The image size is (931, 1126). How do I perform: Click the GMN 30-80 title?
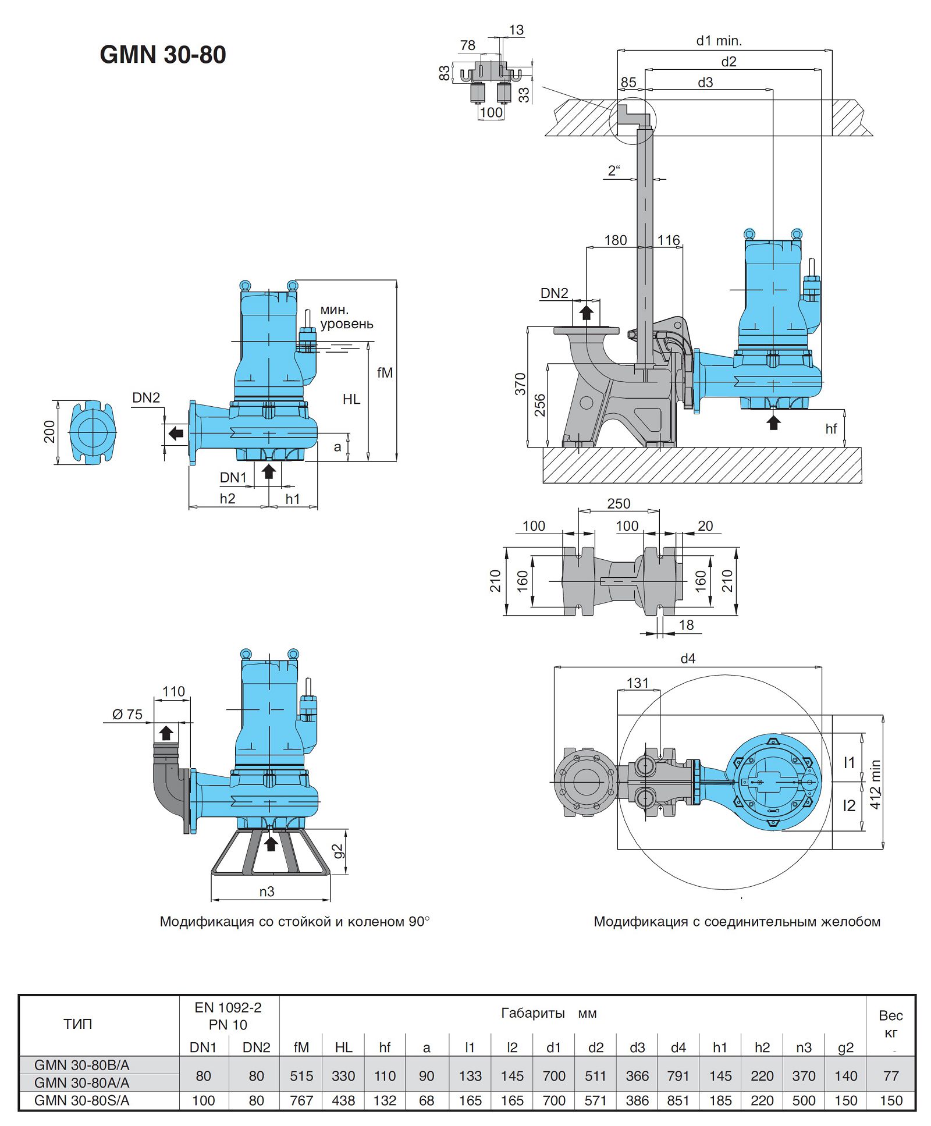[x=163, y=55]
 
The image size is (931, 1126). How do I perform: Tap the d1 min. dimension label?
[x=719, y=41]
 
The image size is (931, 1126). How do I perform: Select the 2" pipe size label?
[x=614, y=171]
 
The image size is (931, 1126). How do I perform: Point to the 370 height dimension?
[x=520, y=384]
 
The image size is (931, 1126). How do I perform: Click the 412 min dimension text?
[x=875, y=784]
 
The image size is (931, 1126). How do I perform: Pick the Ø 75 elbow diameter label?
[x=127, y=714]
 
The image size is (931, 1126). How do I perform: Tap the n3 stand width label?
[x=266, y=891]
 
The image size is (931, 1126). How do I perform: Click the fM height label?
[x=385, y=372]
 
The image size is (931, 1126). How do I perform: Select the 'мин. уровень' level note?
[x=346, y=317]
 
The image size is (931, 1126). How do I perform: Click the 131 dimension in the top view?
[x=637, y=683]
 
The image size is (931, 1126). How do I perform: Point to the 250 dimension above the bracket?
[x=619, y=503]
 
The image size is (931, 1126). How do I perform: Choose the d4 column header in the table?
[x=678, y=1047]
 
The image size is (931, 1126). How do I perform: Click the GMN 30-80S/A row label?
[x=82, y=1100]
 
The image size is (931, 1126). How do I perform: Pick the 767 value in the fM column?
[x=301, y=1100]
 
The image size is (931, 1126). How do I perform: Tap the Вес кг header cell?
[x=890, y=1024]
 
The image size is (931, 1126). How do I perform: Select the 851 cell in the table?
[x=678, y=1100]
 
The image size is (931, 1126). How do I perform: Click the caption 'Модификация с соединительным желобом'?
[x=737, y=921]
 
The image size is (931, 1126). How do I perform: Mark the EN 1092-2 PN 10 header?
[x=228, y=1016]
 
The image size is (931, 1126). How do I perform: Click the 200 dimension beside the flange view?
[x=49, y=432]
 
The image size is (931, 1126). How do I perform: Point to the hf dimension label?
[x=831, y=429]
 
